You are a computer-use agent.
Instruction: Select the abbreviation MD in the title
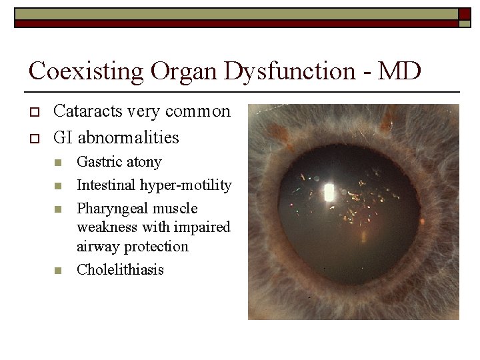(399, 70)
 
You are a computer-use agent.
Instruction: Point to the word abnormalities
(129, 138)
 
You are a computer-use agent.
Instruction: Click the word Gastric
(99, 162)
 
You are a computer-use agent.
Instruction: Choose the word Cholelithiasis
(121, 270)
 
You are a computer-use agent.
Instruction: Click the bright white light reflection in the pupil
(328, 193)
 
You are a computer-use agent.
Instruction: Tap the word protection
(157, 247)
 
